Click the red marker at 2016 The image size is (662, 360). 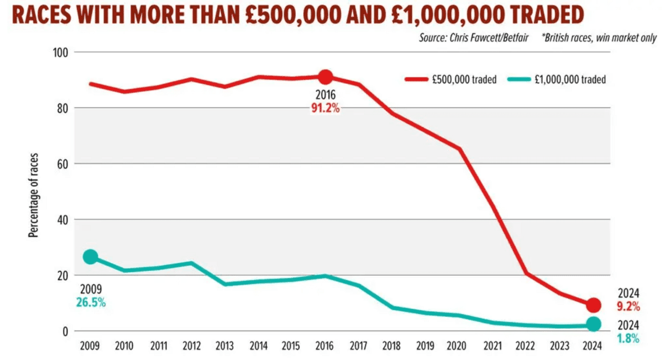pyautogui.click(x=325, y=77)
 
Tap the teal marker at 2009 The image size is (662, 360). pyautogui.click(x=90, y=257)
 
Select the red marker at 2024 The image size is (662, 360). pyautogui.click(x=593, y=305)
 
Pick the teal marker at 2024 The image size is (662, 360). pyautogui.click(x=593, y=324)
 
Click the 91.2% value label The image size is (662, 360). pyautogui.click(x=325, y=109)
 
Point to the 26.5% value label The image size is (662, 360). pyautogui.click(x=91, y=303)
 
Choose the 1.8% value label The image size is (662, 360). pyautogui.click(x=628, y=338)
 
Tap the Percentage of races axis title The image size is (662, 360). pyautogui.click(x=33, y=196)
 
